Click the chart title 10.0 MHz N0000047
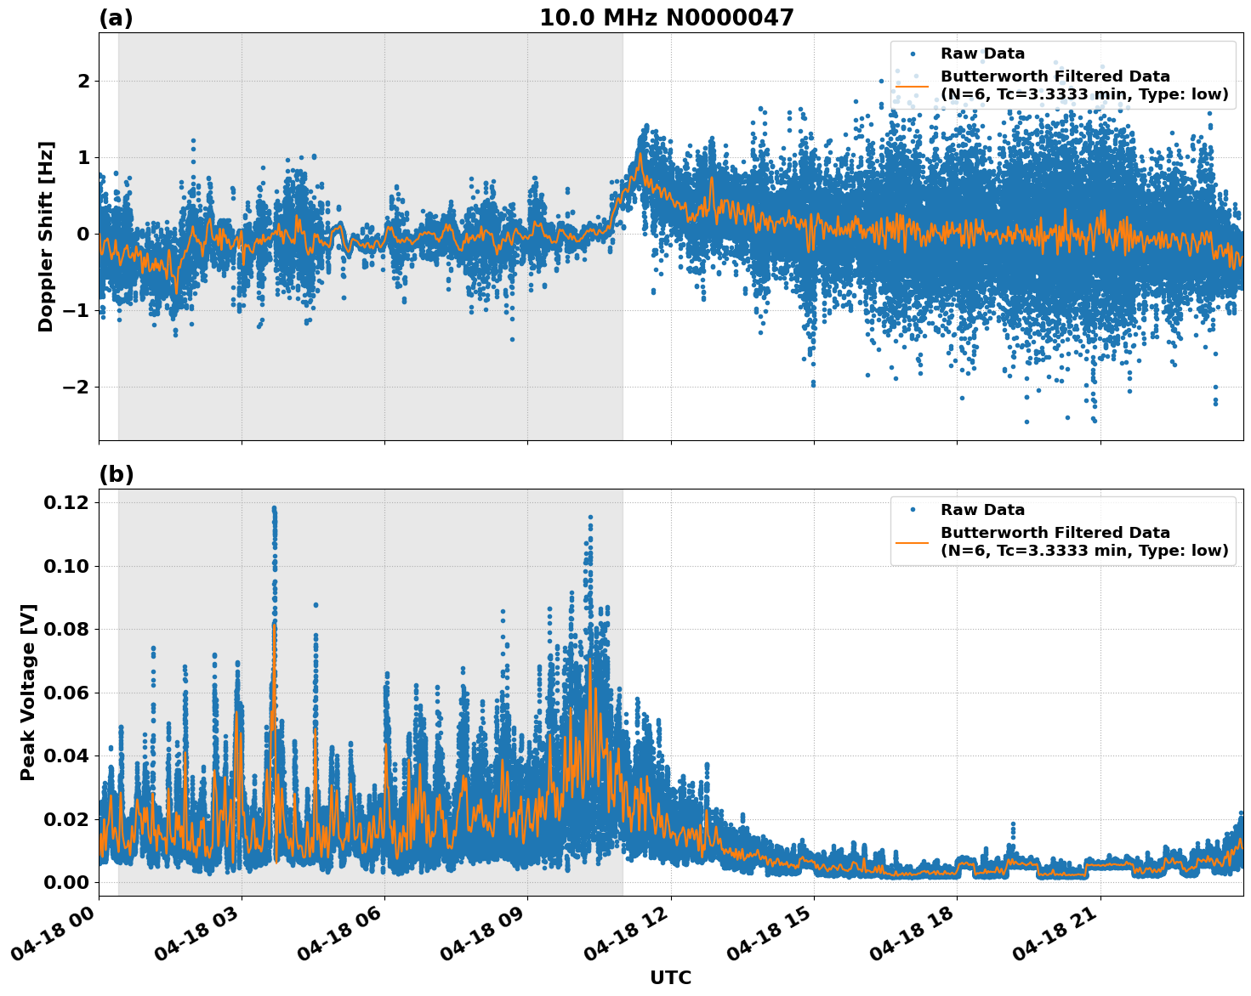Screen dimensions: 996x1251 (x=666, y=18)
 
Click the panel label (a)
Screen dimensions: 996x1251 (x=116, y=18)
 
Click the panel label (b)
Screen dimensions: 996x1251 (x=116, y=474)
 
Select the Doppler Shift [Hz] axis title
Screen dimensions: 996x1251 (x=46, y=236)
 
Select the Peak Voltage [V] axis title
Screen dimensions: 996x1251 (x=28, y=693)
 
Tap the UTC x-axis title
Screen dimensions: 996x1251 (x=670, y=978)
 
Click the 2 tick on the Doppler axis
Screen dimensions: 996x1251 (x=83, y=82)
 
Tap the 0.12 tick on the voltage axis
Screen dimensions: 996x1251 (x=65, y=503)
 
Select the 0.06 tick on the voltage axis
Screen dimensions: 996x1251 (x=65, y=693)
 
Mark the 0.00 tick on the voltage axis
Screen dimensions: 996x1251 (x=65, y=883)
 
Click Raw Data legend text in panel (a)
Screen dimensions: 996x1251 (x=982, y=54)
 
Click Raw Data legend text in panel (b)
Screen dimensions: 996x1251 (x=982, y=510)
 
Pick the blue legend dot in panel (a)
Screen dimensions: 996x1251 (x=913, y=54)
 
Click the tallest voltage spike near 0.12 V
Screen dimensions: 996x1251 (x=274, y=509)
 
